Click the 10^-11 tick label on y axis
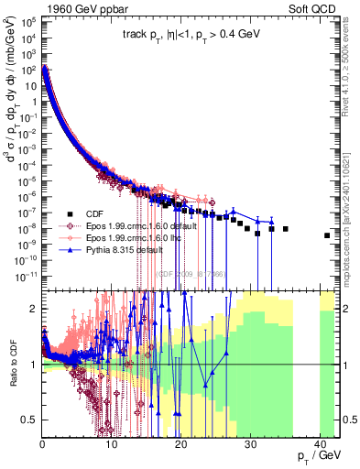coord(24,274)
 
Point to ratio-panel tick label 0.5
coord(29,420)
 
